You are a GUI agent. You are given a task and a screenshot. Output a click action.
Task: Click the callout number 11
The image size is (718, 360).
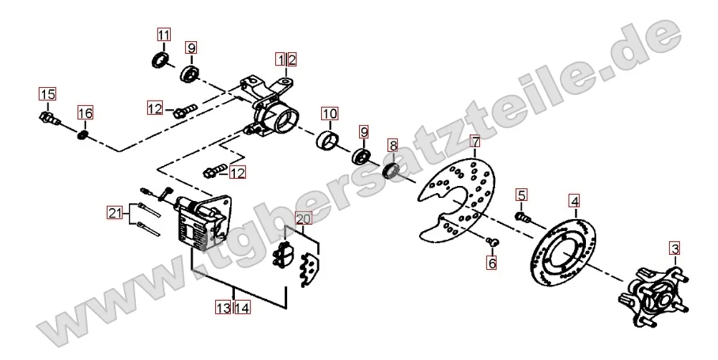pos(164,35)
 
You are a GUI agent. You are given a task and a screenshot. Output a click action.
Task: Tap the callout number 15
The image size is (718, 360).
pos(47,94)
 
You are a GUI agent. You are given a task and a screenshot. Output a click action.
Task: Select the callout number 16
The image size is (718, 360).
pos(85,112)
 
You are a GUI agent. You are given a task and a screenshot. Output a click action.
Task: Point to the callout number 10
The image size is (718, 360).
pos(330,114)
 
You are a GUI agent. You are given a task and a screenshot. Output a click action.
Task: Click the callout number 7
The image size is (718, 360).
pos(475,141)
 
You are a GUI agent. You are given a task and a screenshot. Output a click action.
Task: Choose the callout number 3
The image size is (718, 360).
pos(675,249)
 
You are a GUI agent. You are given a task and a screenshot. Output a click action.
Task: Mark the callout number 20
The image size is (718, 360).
pos(304,218)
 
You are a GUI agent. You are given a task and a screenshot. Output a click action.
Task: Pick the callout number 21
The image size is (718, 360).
pos(115,213)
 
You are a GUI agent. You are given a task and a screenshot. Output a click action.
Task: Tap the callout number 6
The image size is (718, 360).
pos(492,263)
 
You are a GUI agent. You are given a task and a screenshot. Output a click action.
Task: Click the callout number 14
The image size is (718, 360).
pos(242,308)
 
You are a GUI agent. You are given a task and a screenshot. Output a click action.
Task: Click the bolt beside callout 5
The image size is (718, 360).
pos(523,217)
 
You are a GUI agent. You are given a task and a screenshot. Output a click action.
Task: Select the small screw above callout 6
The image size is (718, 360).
pos(493,241)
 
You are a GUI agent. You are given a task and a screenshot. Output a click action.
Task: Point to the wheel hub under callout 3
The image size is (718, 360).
pos(655,295)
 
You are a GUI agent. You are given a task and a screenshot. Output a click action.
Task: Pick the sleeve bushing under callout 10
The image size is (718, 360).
pos(327,140)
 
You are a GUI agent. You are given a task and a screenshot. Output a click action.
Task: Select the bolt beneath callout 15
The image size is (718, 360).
pos(50,117)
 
